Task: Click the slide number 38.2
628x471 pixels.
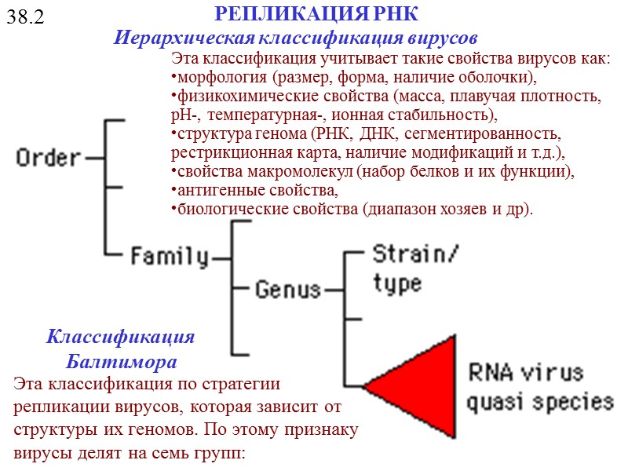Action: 25,16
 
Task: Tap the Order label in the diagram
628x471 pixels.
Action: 49,158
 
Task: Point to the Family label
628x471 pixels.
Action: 169,256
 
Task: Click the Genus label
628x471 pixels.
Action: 288,290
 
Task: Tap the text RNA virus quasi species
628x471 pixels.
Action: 539,387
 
